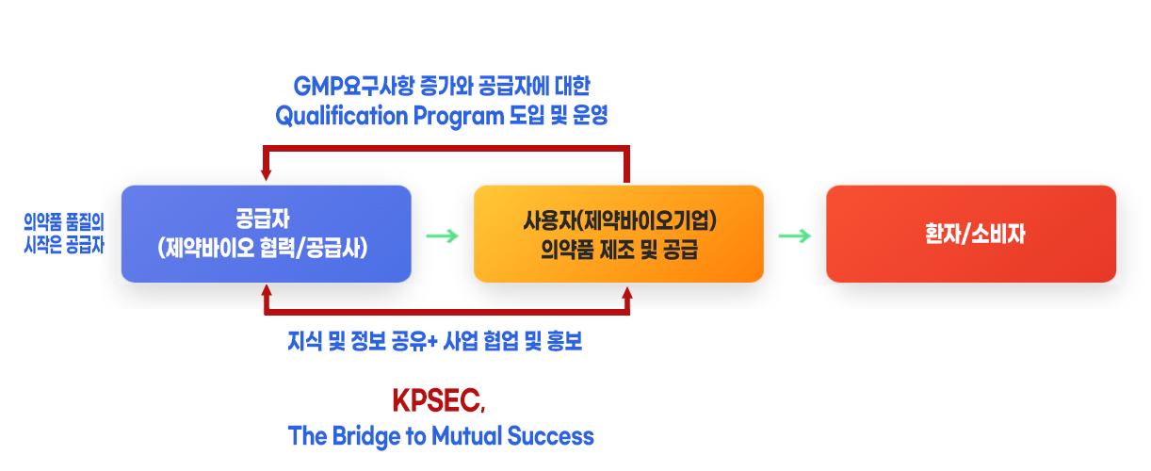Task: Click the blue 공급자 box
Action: (x=266, y=234)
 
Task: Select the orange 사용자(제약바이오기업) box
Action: (x=618, y=234)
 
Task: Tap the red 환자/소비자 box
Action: (x=970, y=234)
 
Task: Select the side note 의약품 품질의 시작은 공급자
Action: (x=64, y=234)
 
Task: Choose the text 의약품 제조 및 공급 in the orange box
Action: (x=618, y=250)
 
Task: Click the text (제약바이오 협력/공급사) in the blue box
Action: (x=266, y=250)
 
